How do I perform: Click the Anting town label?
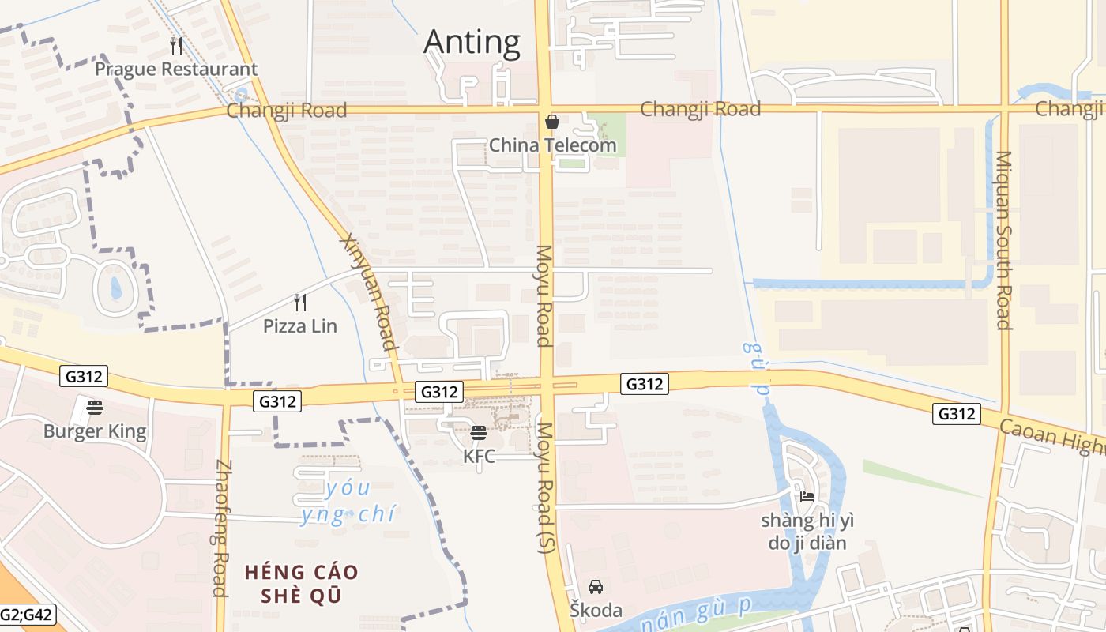(x=472, y=42)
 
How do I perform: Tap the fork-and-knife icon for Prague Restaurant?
(x=176, y=46)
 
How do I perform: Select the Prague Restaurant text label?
(x=176, y=70)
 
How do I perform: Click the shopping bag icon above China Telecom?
(x=552, y=122)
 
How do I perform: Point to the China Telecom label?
(x=552, y=145)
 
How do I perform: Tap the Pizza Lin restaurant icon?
(x=300, y=302)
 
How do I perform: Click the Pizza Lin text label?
(x=300, y=325)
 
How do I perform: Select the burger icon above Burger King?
(x=95, y=408)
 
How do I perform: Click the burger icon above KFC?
(x=479, y=433)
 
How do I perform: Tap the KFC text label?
(x=479, y=456)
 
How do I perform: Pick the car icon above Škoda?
(x=596, y=587)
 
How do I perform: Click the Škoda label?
(x=596, y=610)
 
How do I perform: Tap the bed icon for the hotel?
(x=807, y=497)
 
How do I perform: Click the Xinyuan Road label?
(x=368, y=292)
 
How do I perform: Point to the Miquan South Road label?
(x=1003, y=240)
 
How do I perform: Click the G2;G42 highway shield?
(x=27, y=614)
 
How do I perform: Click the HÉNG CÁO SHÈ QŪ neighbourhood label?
(x=301, y=583)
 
